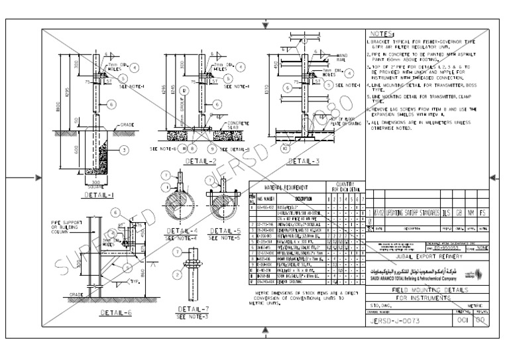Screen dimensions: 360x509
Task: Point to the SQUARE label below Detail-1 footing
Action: (x=95, y=187)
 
